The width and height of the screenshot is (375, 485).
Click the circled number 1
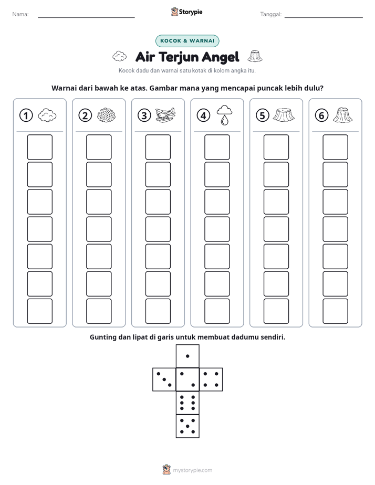[26, 115]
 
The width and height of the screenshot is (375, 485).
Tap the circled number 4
[203, 115]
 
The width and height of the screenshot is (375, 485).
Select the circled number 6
[321, 115]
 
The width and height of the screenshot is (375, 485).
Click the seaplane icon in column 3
[165, 115]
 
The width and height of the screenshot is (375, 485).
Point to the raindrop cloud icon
[224, 115]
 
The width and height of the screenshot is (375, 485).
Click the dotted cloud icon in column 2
[107, 115]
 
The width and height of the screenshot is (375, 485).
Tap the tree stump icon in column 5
[284, 115]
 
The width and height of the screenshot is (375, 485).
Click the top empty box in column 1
[40, 147]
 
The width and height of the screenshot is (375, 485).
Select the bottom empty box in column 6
[336, 311]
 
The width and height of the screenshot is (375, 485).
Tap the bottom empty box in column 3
[158, 311]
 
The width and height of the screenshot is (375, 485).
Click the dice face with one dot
[187, 356]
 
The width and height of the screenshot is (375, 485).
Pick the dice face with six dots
[187, 403]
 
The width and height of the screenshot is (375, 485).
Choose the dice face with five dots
[187, 426]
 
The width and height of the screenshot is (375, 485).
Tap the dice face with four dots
[211, 379]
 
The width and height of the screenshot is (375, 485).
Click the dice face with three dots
[164, 379]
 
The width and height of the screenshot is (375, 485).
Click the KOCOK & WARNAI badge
[187, 41]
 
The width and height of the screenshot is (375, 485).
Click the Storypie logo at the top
[186, 12]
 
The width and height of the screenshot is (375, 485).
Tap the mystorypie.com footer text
[192, 470]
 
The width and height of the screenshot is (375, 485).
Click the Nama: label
[20, 14]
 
